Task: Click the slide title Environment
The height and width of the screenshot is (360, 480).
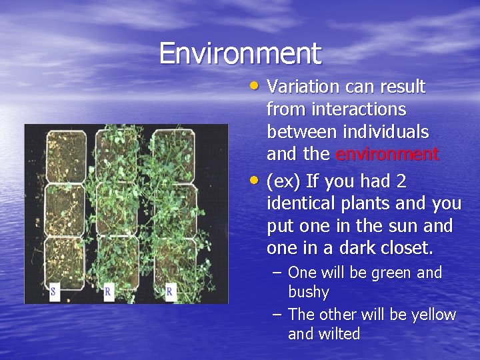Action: [240, 53]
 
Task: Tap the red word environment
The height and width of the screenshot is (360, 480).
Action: [387, 155]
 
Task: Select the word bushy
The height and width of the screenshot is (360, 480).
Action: [309, 292]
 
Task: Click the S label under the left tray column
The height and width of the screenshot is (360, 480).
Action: [53, 291]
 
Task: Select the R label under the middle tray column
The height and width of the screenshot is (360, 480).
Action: [108, 291]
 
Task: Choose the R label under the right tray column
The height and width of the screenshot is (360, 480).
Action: [169, 291]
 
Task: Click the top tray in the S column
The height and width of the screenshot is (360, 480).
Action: [66, 154]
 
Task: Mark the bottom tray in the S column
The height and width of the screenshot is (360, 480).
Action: [65, 261]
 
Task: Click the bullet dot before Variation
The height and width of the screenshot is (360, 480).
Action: [257, 85]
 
